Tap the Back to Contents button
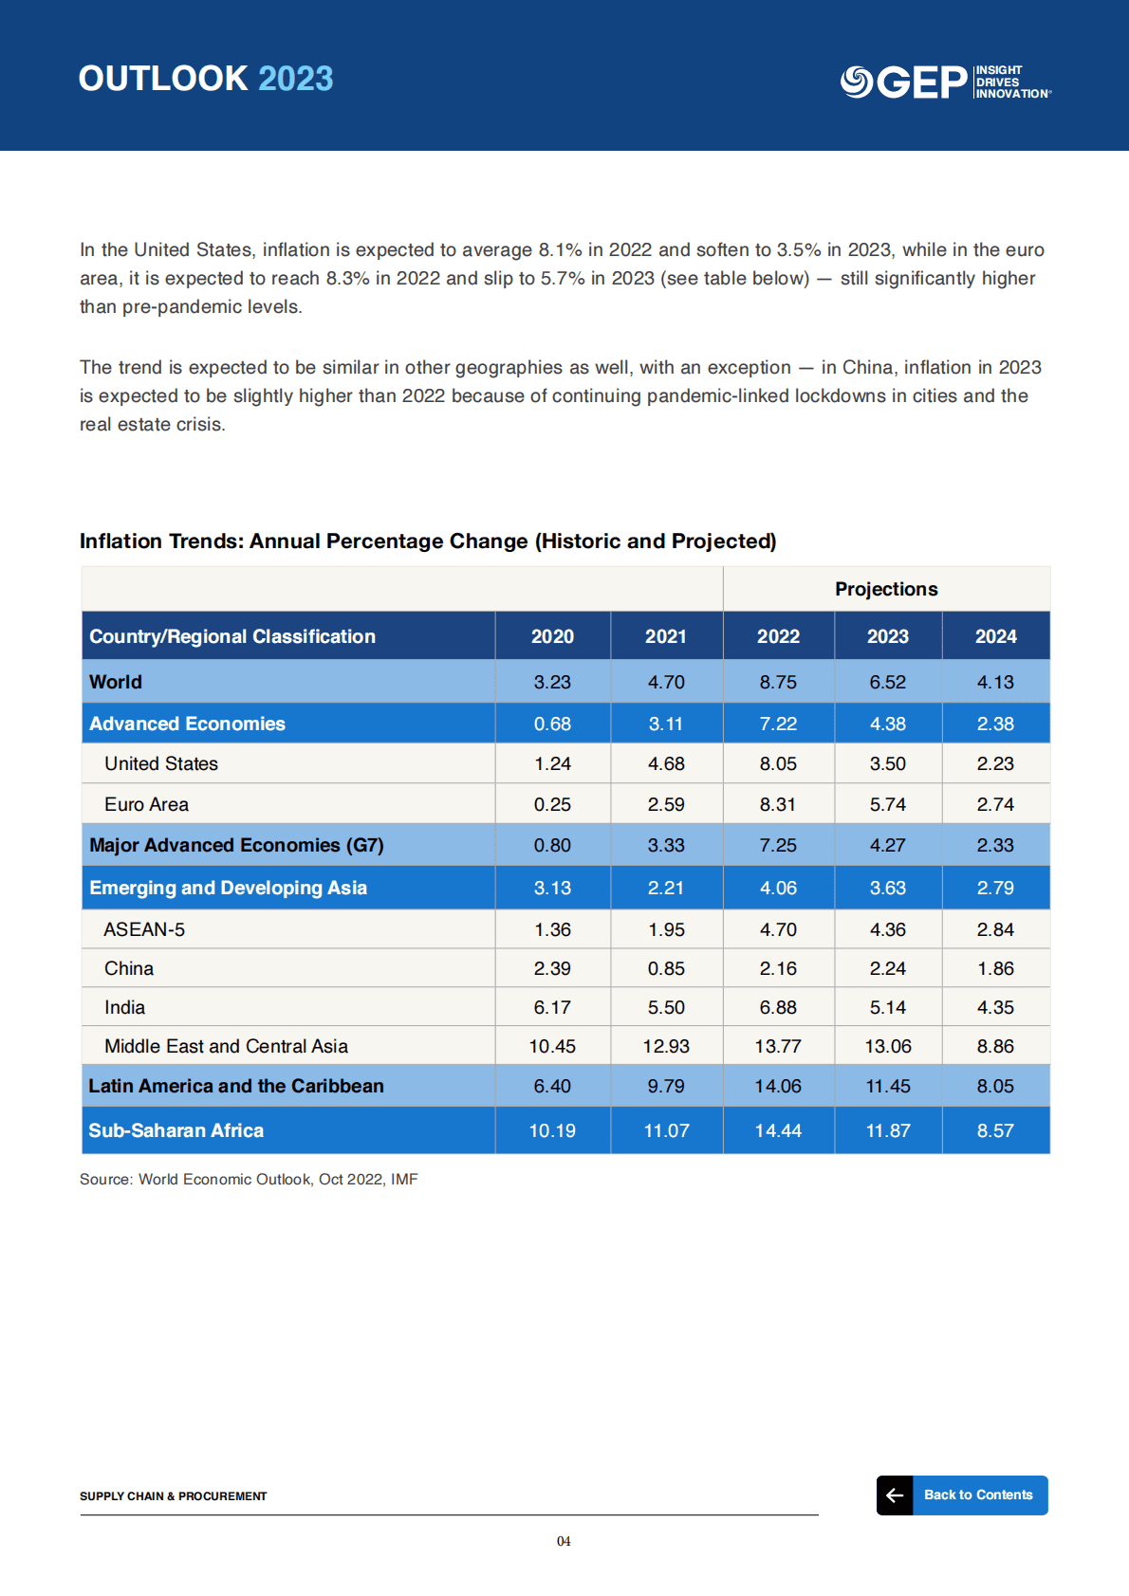962,1495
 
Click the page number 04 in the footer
564,1541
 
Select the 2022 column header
778,636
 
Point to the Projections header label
886,589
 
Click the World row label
116,682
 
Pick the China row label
129,968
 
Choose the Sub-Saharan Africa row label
176,1130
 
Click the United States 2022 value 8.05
778,763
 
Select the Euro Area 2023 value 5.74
887,804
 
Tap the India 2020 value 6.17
552,1007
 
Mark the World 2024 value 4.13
995,682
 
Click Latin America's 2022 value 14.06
778,1086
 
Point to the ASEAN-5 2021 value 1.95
666,929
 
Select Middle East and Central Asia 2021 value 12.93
666,1046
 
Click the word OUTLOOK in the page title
163,79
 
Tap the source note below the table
249,1179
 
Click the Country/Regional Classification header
232,636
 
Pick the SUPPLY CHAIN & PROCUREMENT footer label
174,1495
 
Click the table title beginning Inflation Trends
428,541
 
